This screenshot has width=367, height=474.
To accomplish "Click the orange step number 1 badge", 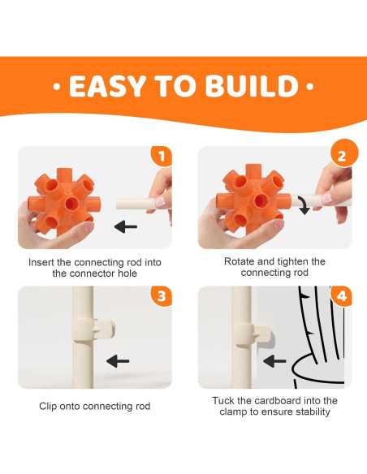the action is point(162,156).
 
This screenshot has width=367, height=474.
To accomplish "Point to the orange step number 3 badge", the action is point(162,295).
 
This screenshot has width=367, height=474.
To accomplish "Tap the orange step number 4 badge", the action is point(342,295).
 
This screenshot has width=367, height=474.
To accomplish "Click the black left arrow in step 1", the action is point(126,226).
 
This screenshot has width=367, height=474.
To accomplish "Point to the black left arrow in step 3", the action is point(118,361).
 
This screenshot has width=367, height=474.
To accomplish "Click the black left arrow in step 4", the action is point(274,361).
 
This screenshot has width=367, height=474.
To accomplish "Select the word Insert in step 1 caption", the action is point(41,262).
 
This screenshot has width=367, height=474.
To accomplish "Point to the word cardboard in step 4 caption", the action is point(278,400).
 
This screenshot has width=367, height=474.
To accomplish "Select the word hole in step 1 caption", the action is point(127,274).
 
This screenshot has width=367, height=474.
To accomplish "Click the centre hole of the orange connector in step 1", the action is point(71,204).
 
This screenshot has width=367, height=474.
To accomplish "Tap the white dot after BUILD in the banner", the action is point(310,87).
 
